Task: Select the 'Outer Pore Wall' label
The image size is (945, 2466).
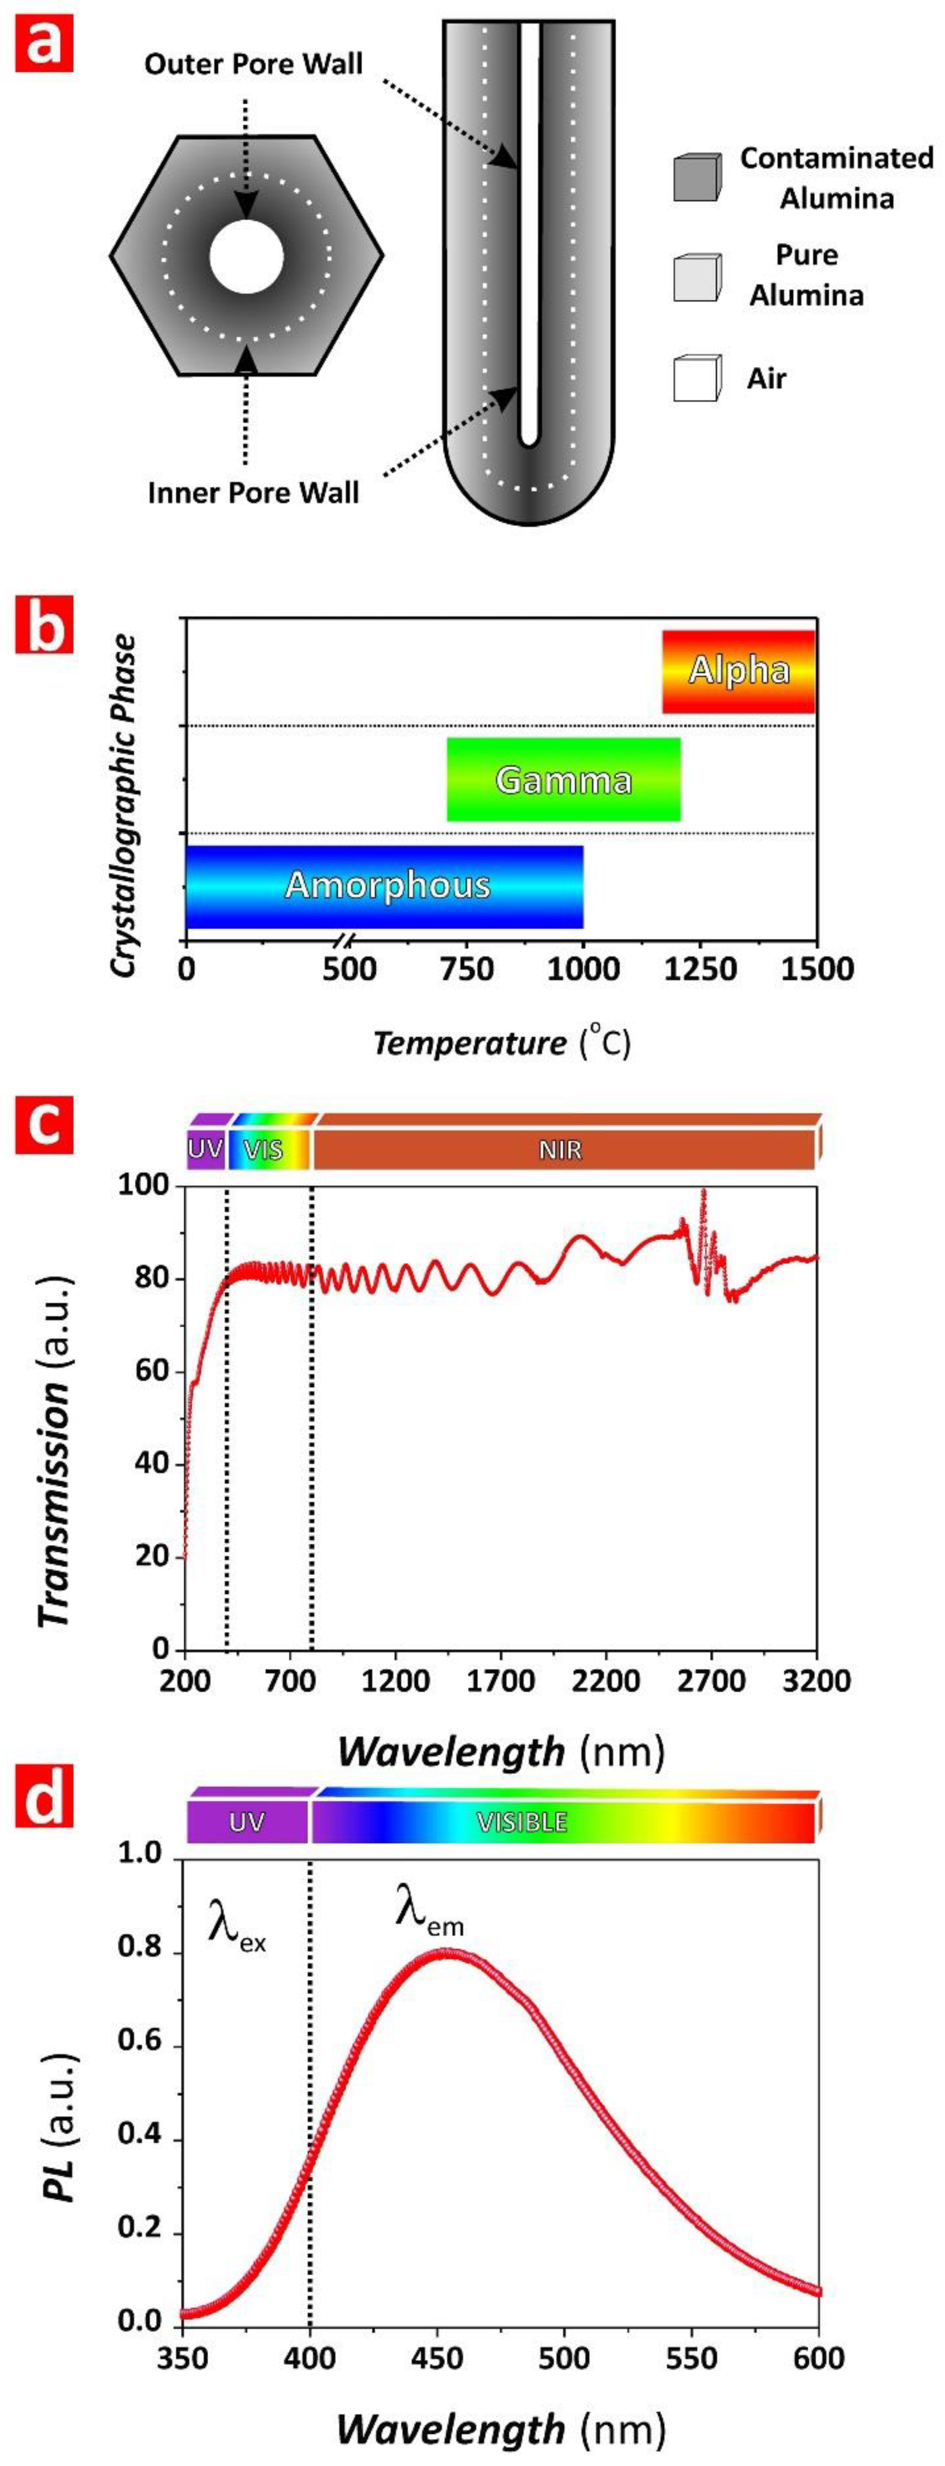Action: pos(254,64)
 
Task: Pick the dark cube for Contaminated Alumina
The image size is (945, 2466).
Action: pos(696,177)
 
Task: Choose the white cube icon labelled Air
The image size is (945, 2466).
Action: pos(696,378)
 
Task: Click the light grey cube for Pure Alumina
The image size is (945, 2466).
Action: pos(696,278)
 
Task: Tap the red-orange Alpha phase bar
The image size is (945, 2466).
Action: pos(738,671)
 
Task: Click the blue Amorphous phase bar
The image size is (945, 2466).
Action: pos(385,885)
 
